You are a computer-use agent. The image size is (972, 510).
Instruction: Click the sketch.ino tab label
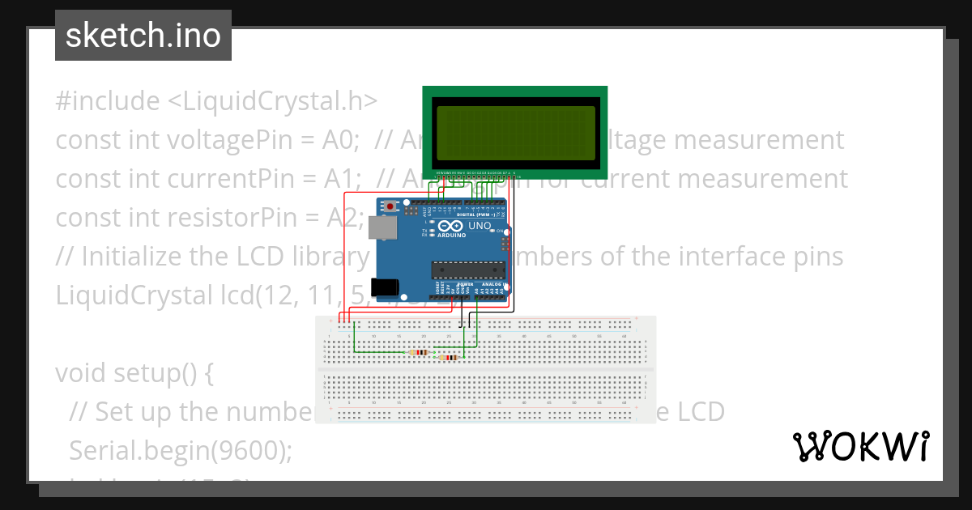pos(143,36)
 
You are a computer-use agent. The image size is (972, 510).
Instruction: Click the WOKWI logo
pos(860,446)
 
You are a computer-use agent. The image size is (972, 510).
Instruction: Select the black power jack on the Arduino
pos(384,287)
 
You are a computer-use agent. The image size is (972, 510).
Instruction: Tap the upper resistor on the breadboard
pos(418,352)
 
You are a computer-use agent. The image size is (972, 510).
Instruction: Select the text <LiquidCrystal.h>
pos(273,101)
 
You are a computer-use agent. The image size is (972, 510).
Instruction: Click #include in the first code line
pos(108,101)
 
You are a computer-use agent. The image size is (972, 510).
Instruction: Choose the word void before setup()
pos(82,373)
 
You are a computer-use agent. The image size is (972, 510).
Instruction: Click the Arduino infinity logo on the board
pos(453,226)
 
